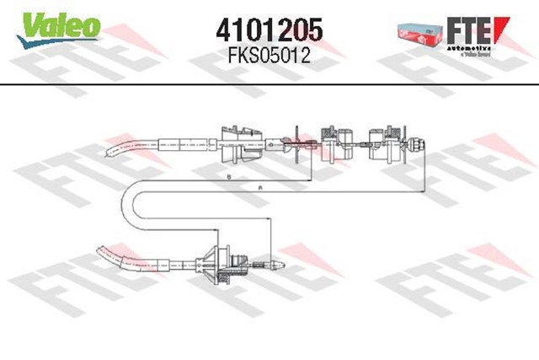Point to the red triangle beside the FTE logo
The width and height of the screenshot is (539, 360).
point(503,27)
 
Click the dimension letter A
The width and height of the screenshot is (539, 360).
point(261,185)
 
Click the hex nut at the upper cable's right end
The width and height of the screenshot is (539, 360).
point(415,143)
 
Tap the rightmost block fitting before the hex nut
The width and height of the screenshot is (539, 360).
point(387,141)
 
